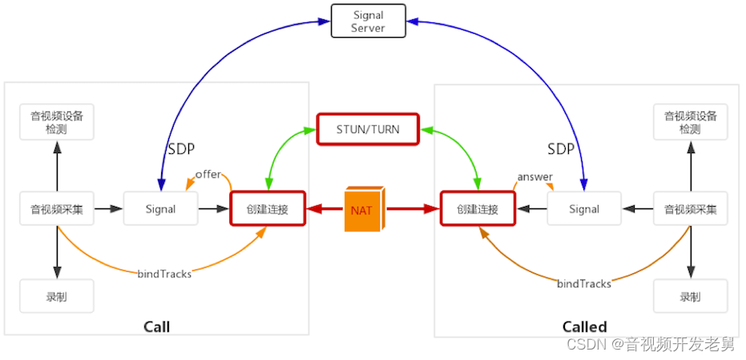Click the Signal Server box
click(368, 22)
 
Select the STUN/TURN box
click(368, 128)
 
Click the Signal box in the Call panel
click(160, 209)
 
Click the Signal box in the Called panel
click(584, 209)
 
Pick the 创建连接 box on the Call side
click(268, 209)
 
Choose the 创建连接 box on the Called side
click(478, 209)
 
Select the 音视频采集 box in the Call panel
click(57, 209)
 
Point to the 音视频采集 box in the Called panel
click(690, 209)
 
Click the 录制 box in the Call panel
click(57, 297)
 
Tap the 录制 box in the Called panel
click(690, 297)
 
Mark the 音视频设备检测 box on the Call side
click(57, 122)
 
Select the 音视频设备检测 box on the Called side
click(690, 122)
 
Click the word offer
click(208, 175)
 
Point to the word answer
click(534, 176)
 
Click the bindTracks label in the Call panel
click(164, 274)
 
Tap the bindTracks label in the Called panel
click(584, 284)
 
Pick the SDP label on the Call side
click(181, 149)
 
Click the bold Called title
click(584, 326)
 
